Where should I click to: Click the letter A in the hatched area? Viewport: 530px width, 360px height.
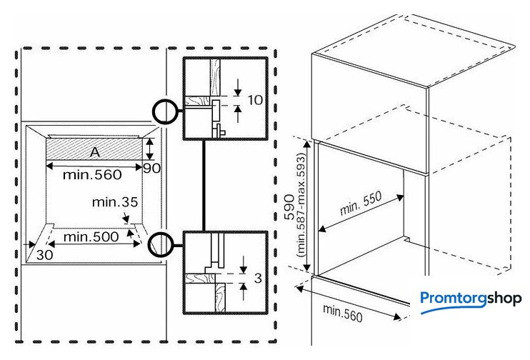click(95, 152)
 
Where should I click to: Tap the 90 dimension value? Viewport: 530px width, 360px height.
click(151, 168)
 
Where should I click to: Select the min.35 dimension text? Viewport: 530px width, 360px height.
click(115, 202)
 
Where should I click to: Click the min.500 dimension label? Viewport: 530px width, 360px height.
click(91, 236)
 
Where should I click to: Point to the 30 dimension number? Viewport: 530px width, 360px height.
click(44, 254)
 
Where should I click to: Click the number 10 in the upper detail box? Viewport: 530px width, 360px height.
click(255, 100)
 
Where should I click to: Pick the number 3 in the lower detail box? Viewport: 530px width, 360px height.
click(258, 278)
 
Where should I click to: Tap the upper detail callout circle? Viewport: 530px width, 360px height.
click(164, 111)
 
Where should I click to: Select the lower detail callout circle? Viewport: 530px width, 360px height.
click(161, 244)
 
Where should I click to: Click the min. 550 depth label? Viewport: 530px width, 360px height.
click(361, 203)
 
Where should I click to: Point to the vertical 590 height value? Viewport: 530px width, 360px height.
click(289, 207)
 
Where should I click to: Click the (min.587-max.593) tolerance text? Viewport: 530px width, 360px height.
click(301, 205)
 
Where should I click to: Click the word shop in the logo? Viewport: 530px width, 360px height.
click(504, 299)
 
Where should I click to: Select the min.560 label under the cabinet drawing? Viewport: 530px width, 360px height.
click(342, 314)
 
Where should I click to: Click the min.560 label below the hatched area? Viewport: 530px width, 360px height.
click(92, 174)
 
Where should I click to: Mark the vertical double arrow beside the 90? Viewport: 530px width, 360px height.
click(149, 149)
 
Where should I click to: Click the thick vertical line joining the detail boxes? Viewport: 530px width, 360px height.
click(204, 186)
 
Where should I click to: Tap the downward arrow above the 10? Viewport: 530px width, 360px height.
click(239, 87)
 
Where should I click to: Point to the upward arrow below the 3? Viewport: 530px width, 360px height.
click(244, 291)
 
